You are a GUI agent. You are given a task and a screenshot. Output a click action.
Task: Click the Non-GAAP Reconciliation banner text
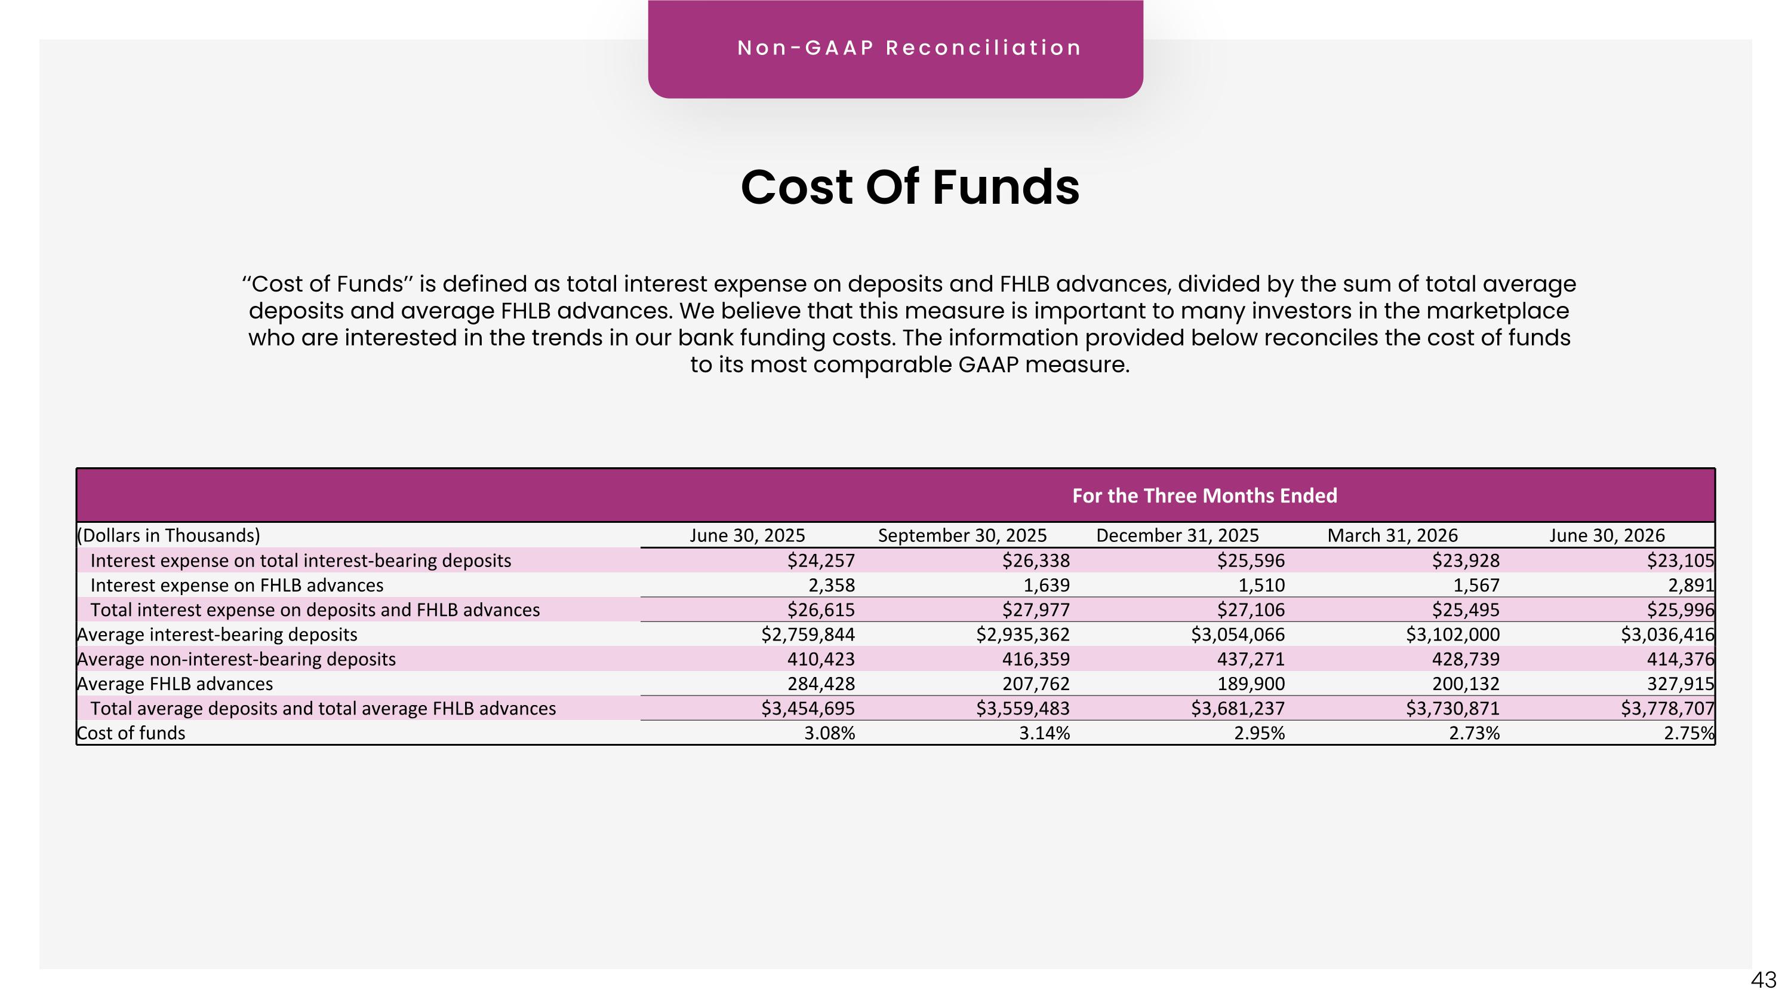pyautogui.click(x=909, y=48)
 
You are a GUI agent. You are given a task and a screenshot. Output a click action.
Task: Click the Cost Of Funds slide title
pyautogui.click(x=910, y=187)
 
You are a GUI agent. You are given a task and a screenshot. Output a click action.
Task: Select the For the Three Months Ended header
pyautogui.click(x=1205, y=496)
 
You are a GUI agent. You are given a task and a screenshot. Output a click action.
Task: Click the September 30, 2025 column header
pyautogui.click(x=962, y=535)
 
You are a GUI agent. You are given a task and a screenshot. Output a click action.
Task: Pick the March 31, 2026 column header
pyautogui.click(x=1393, y=535)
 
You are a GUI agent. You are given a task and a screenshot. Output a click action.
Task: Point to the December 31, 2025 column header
pyautogui.click(x=1178, y=535)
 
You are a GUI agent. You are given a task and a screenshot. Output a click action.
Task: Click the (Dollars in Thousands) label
pyautogui.click(x=168, y=535)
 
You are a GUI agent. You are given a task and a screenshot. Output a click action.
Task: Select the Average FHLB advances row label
pyautogui.click(x=174, y=684)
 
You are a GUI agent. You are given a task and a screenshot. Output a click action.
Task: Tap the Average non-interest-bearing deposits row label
pyautogui.click(x=236, y=660)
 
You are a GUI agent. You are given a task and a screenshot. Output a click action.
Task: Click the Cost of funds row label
pyautogui.click(x=131, y=733)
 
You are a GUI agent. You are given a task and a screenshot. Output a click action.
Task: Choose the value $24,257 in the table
pyautogui.click(x=821, y=560)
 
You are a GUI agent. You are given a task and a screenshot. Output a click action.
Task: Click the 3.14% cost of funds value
pyautogui.click(x=1044, y=733)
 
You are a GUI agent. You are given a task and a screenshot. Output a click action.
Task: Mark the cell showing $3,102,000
pyautogui.click(x=1453, y=635)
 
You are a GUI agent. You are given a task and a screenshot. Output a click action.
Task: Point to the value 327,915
pyautogui.click(x=1681, y=684)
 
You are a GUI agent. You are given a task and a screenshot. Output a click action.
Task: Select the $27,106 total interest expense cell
pyautogui.click(x=1251, y=610)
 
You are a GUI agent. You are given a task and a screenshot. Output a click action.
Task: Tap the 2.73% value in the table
pyautogui.click(x=1474, y=733)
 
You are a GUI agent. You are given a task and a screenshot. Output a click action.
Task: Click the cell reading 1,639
pyautogui.click(x=1047, y=586)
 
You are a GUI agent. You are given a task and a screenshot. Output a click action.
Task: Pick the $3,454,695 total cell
pyautogui.click(x=808, y=709)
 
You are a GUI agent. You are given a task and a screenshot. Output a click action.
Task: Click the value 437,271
pyautogui.click(x=1251, y=660)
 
